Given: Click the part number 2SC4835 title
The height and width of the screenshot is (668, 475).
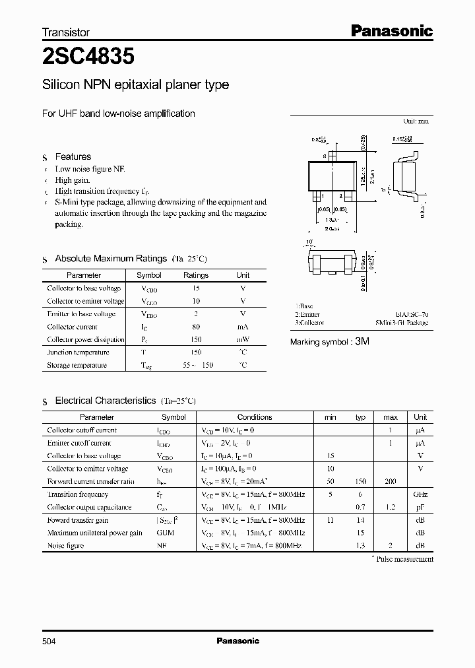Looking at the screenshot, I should (x=88, y=57).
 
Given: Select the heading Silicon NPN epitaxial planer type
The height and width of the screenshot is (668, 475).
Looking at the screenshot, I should (x=135, y=85).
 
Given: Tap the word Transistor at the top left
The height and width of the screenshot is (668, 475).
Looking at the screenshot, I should (x=65, y=32).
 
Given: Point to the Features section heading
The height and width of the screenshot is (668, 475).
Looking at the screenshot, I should (x=73, y=156).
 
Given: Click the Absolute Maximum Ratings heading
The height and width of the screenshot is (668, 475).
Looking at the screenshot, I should (x=111, y=258).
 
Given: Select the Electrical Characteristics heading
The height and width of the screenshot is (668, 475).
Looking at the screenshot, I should (x=105, y=401).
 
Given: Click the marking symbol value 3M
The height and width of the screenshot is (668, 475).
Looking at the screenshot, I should (x=362, y=342).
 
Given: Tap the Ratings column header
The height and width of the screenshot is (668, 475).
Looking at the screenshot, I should (x=196, y=275).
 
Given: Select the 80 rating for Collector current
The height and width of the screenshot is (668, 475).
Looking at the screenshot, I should (x=196, y=327).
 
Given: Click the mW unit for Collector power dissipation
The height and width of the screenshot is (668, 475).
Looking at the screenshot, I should (x=243, y=339).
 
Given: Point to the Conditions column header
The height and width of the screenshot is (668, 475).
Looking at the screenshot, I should (x=255, y=417).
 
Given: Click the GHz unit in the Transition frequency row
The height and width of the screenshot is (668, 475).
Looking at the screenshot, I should (x=420, y=494).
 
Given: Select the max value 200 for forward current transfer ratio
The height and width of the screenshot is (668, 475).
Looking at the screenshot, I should (x=390, y=481).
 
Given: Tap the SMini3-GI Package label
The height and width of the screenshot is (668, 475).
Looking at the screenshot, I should (x=402, y=323).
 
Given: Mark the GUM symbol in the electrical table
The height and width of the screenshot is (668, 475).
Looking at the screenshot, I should (x=165, y=533).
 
